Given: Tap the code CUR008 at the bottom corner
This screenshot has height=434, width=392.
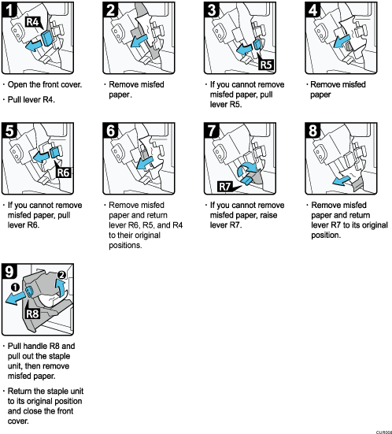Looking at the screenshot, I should (x=379, y=429).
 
